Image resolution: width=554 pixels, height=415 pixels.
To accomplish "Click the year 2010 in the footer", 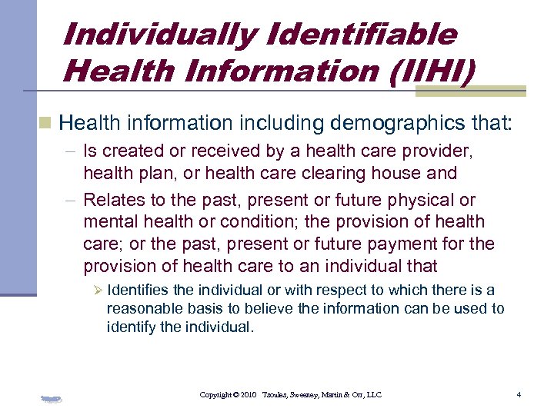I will [247, 395].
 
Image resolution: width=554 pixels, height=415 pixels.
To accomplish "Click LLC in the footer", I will [372, 395].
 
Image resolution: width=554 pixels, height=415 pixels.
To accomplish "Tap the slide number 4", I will [519, 395].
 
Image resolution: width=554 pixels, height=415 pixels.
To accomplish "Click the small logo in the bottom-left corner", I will [52, 398].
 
